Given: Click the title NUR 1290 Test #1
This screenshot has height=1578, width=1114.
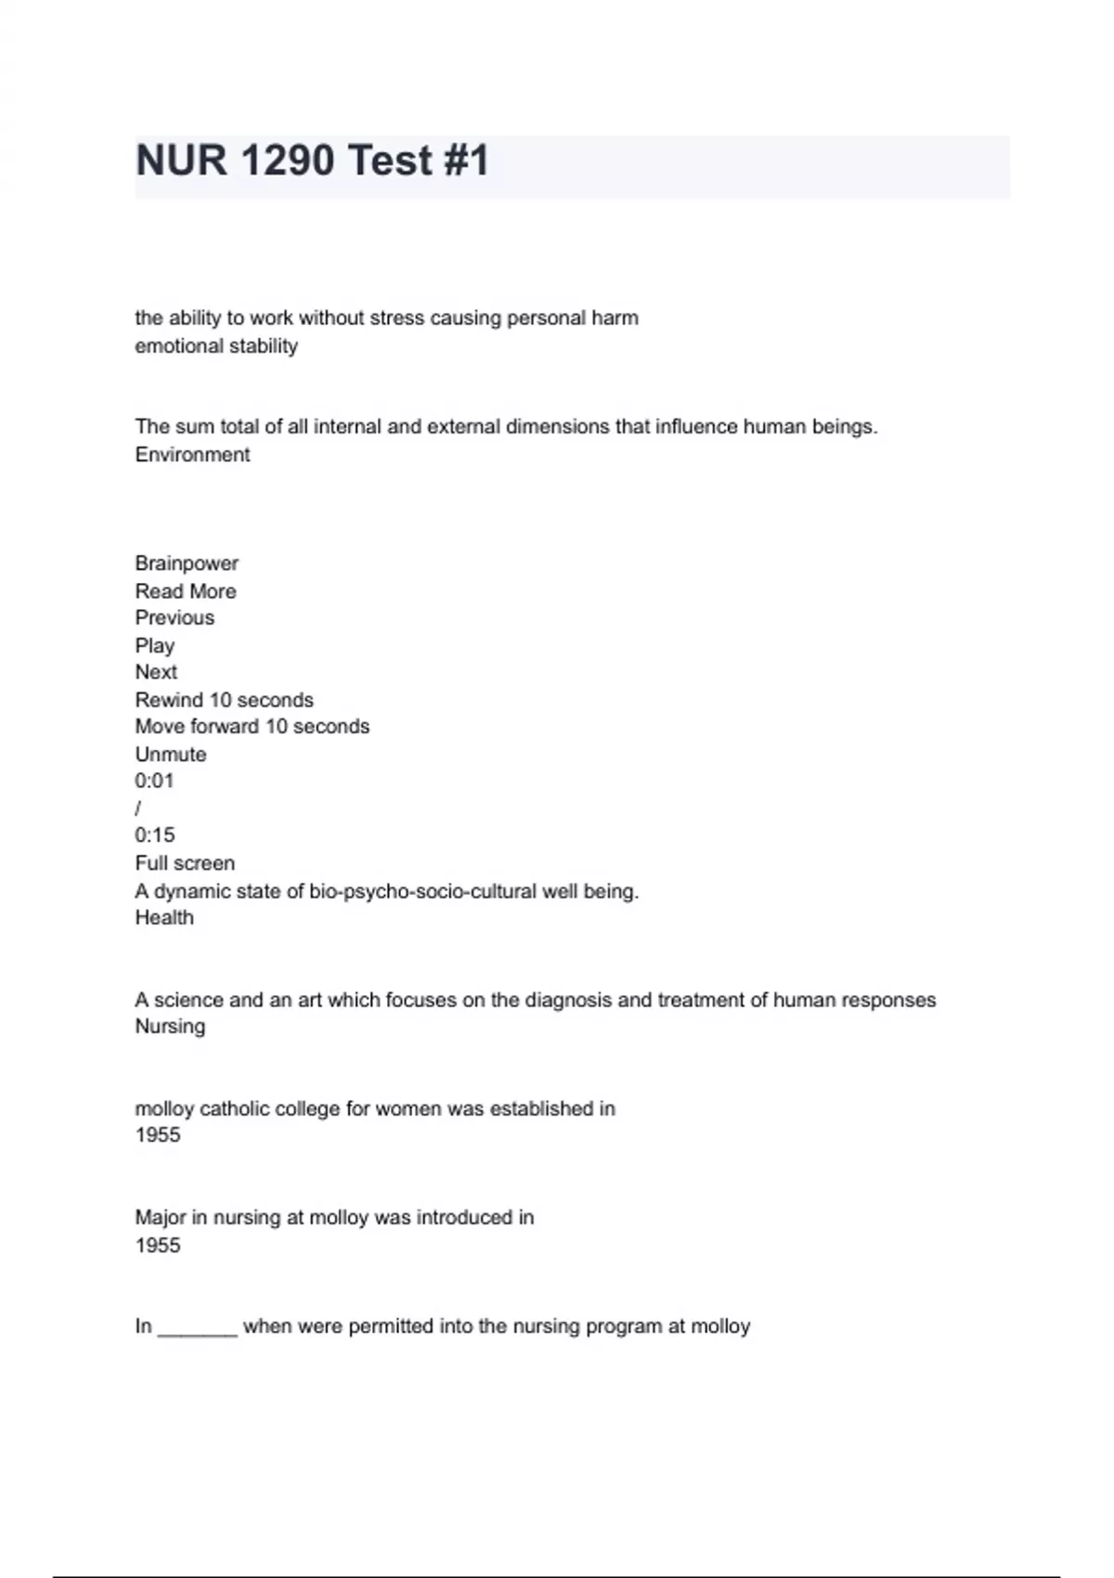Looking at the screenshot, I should click(312, 161).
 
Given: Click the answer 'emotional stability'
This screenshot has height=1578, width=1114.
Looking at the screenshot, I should click(216, 346).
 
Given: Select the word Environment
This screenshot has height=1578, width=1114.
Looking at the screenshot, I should click(192, 455).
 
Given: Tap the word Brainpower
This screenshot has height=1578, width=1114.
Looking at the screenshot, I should click(187, 563).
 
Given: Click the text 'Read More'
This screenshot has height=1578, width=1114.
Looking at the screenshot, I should click(186, 591).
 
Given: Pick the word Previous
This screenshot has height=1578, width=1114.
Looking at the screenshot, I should click(175, 618).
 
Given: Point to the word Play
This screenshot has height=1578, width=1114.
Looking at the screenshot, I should click(154, 646).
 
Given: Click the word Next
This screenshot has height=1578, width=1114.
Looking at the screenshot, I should click(156, 672).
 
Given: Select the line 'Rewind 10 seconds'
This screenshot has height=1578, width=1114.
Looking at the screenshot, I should click(224, 700).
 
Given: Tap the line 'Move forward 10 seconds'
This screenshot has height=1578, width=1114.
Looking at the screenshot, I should click(252, 727).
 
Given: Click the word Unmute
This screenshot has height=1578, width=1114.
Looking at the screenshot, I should click(171, 755).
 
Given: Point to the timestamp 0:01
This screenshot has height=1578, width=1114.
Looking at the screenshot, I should click(154, 781).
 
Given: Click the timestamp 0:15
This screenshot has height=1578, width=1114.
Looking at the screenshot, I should click(154, 835).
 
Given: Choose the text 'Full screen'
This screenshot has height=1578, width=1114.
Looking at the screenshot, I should click(185, 863).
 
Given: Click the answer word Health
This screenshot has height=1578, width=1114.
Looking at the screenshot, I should click(164, 918).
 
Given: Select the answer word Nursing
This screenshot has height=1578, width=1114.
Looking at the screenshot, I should click(170, 1027).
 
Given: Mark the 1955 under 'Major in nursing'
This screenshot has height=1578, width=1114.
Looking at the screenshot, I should click(158, 1246).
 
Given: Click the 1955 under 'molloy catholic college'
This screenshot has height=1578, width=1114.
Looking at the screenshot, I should click(158, 1135).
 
